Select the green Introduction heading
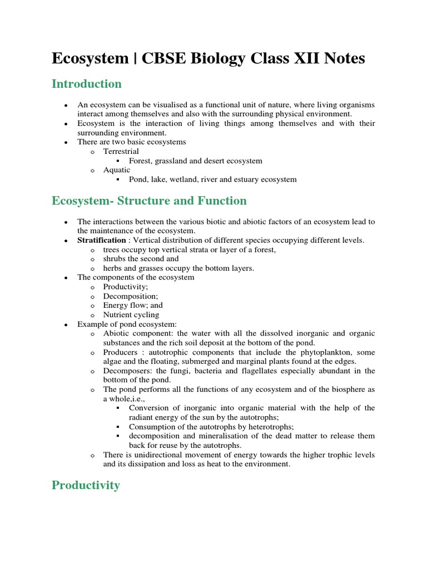86,84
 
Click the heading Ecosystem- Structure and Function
149,201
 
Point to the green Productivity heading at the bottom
86,485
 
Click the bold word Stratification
102,240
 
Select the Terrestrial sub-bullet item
121,151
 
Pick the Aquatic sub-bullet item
116,170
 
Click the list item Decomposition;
131,296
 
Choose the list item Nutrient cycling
131,315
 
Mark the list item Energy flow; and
133,305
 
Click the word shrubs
115,258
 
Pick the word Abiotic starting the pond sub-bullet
116,333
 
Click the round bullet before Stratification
66,241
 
